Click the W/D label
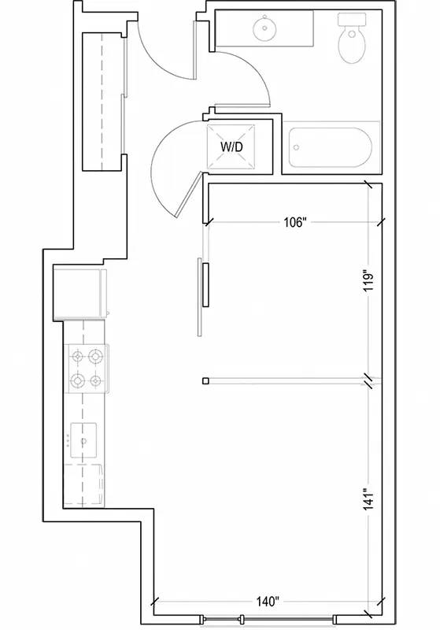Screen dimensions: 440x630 (231, 147)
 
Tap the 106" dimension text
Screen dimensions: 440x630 (295, 222)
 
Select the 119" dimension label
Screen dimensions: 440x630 (369, 282)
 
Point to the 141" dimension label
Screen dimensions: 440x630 (369, 499)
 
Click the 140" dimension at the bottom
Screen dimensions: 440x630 (268, 602)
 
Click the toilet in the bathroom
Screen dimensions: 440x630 (352, 37)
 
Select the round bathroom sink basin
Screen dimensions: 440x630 (264, 28)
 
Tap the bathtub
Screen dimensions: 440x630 (331, 147)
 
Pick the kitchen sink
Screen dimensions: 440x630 (83, 440)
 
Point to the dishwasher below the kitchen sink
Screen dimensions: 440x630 (83, 485)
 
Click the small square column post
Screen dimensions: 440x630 (206, 381)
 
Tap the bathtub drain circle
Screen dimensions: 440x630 (297, 147)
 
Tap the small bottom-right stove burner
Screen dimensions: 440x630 (95, 380)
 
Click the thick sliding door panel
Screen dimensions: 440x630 (206, 284)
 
